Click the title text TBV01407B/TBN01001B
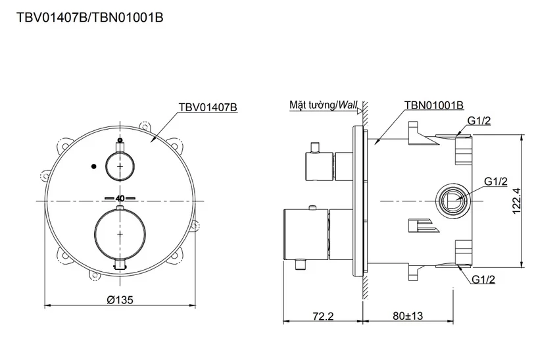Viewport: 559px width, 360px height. point(90,17)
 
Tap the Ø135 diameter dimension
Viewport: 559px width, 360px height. point(120,299)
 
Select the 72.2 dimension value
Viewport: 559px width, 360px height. point(323,316)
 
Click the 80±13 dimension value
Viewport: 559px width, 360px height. point(408,316)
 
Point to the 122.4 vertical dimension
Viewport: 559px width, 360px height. point(517,201)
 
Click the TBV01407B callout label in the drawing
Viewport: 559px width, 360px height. point(208,107)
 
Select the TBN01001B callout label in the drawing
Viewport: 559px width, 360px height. point(434,105)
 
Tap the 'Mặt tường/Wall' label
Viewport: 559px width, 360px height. point(323,105)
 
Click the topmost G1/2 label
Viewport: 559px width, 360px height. point(479,121)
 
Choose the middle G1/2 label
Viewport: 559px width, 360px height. point(496,181)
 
